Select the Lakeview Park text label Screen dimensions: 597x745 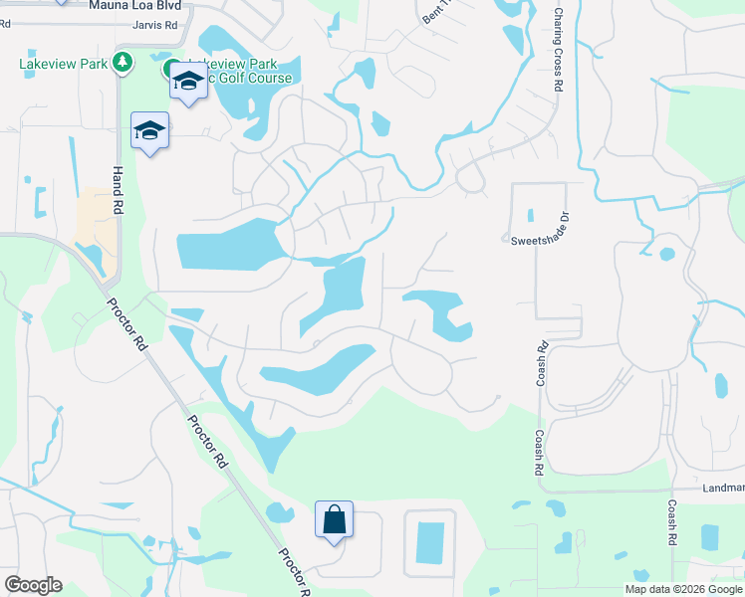63,64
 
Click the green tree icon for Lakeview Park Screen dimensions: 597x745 123,64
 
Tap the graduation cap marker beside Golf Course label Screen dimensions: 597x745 186,83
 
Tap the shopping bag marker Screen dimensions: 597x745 333,519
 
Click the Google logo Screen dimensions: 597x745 33,585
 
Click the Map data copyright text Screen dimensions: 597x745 682,589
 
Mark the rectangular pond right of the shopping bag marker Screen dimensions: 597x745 430,541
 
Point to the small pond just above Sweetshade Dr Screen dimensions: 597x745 530,214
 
